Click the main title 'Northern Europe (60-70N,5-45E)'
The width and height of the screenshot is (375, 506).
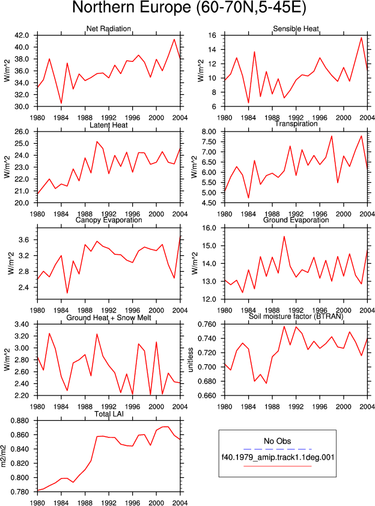point(189,7)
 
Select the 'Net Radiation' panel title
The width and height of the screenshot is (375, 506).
point(109,29)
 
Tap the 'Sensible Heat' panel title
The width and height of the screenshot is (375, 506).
point(296,29)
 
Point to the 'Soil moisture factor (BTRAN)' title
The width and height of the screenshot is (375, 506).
point(296,316)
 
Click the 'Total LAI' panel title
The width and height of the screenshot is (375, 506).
point(109,414)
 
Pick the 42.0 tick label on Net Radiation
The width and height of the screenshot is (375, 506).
point(22,35)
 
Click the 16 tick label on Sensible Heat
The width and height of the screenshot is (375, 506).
point(212,35)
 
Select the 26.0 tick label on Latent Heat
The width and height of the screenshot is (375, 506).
point(22,132)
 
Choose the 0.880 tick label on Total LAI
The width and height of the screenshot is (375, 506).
point(20,421)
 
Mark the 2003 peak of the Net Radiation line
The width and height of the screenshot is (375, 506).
point(174,40)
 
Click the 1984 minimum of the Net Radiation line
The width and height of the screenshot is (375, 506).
point(61,103)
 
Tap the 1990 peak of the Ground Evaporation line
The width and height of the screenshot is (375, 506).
point(284,236)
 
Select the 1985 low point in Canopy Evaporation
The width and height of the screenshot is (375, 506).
point(67,293)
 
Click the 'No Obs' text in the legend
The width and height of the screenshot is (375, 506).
point(278,441)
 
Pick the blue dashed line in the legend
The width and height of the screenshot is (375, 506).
point(278,449)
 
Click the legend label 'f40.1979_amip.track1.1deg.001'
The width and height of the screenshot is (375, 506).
point(278,457)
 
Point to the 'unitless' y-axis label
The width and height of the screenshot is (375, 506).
point(191,360)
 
